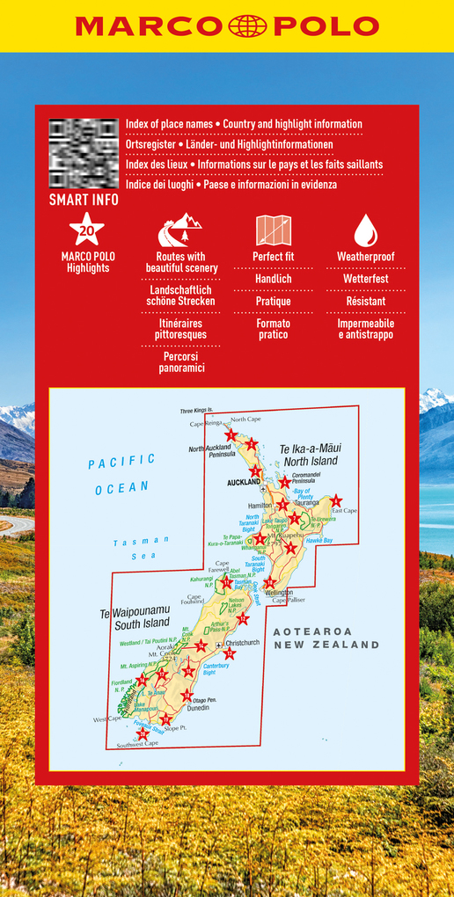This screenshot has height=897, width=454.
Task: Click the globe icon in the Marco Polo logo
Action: pos(247,26)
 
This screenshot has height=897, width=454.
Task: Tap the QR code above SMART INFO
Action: pos(84,153)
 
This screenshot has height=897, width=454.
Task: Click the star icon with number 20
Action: pos(86,230)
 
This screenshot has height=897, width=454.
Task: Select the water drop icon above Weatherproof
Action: pos(365,230)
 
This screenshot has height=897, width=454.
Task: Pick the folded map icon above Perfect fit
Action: pos(274,230)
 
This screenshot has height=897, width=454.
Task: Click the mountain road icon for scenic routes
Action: pos(179,230)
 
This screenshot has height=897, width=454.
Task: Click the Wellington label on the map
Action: pos(277,593)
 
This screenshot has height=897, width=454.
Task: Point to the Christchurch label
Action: pos(242,643)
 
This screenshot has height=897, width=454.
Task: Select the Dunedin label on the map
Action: pos(198,707)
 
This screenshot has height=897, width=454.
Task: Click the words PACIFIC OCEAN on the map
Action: pos(121,473)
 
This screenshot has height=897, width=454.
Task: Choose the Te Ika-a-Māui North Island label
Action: pos(310,455)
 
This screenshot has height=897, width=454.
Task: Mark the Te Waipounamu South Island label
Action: pos(141,618)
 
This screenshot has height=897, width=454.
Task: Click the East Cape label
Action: pos(344,511)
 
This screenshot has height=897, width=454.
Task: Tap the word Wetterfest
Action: pos(365,279)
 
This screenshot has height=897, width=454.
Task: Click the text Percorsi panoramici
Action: pos(180,362)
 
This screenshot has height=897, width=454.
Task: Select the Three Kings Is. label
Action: pos(197,411)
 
